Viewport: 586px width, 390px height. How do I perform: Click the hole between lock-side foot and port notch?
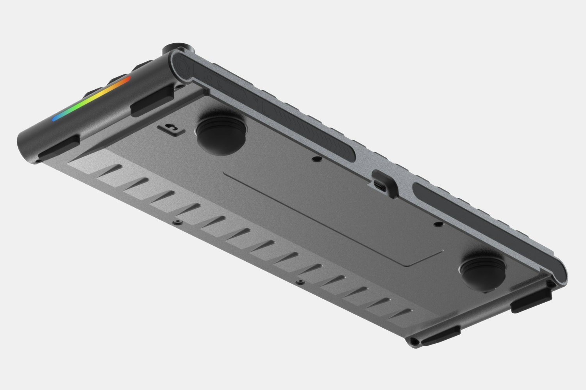tap(314, 159)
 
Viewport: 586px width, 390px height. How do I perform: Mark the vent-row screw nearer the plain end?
tap(300, 281)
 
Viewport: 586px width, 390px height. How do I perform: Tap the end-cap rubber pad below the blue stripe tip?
tap(59, 146)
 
